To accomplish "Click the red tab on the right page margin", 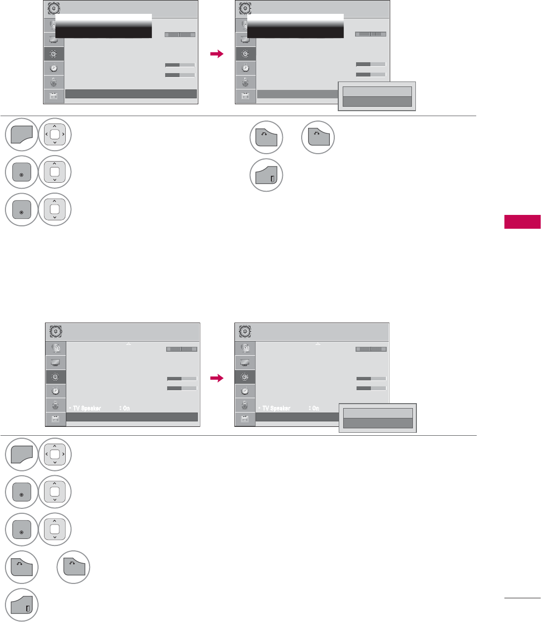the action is coord(522,222).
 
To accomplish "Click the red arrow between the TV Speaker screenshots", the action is coord(217,378).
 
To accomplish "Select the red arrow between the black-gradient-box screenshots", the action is coord(217,54).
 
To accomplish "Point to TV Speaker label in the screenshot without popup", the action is coord(87,409).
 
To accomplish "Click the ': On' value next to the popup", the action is coord(314,409).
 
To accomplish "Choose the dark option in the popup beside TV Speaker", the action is coord(378,423).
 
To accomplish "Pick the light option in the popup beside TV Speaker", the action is coord(378,414).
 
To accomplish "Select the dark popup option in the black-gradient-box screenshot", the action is coord(377,101).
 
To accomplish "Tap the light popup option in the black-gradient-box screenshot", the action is coord(377,91).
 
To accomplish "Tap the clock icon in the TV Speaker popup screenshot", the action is coord(245,391).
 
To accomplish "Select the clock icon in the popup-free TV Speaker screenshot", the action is coord(55,391).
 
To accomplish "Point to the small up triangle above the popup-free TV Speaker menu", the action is coord(129,343).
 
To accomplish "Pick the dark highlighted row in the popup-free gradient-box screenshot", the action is coord(131,94).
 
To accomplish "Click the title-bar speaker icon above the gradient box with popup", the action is coord(244,8).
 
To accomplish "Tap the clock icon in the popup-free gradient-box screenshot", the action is coord(54,68).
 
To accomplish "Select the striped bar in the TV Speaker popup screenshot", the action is coord(371,349).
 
